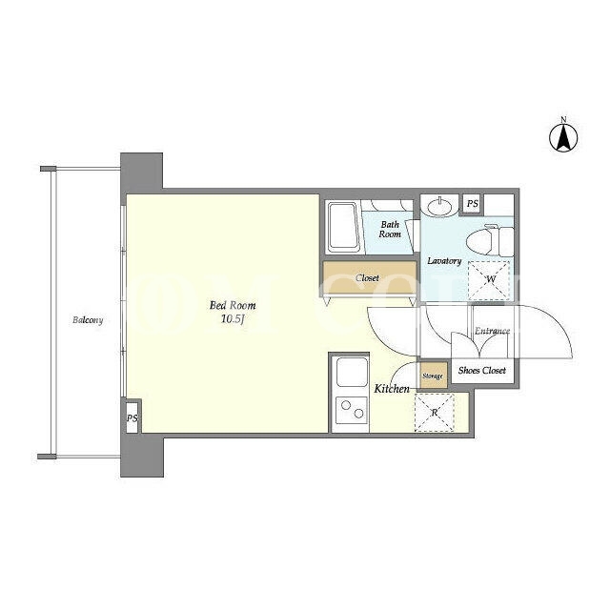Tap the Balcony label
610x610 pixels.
(88, 320)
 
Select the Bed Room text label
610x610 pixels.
(233, 305)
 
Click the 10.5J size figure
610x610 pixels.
(233, 319)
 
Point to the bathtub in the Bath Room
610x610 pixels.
(343, 227)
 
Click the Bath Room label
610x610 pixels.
(390, 230)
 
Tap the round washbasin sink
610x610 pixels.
(440, 205)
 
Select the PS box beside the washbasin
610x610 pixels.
(473, 203)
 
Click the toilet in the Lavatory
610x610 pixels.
(490, 241)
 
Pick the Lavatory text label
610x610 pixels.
(444, 260)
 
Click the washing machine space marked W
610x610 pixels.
(489, 280)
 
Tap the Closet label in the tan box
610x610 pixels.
(367, 278)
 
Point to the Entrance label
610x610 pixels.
(492, 331)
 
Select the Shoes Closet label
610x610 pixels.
(482, 371)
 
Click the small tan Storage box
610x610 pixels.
(433, 376)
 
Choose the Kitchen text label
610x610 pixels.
(392, 389)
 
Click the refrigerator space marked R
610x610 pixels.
(435, 413)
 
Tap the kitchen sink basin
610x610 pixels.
(352, 373)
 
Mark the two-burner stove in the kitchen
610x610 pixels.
(352, 410)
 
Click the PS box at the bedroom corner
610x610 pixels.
(132, 417)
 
